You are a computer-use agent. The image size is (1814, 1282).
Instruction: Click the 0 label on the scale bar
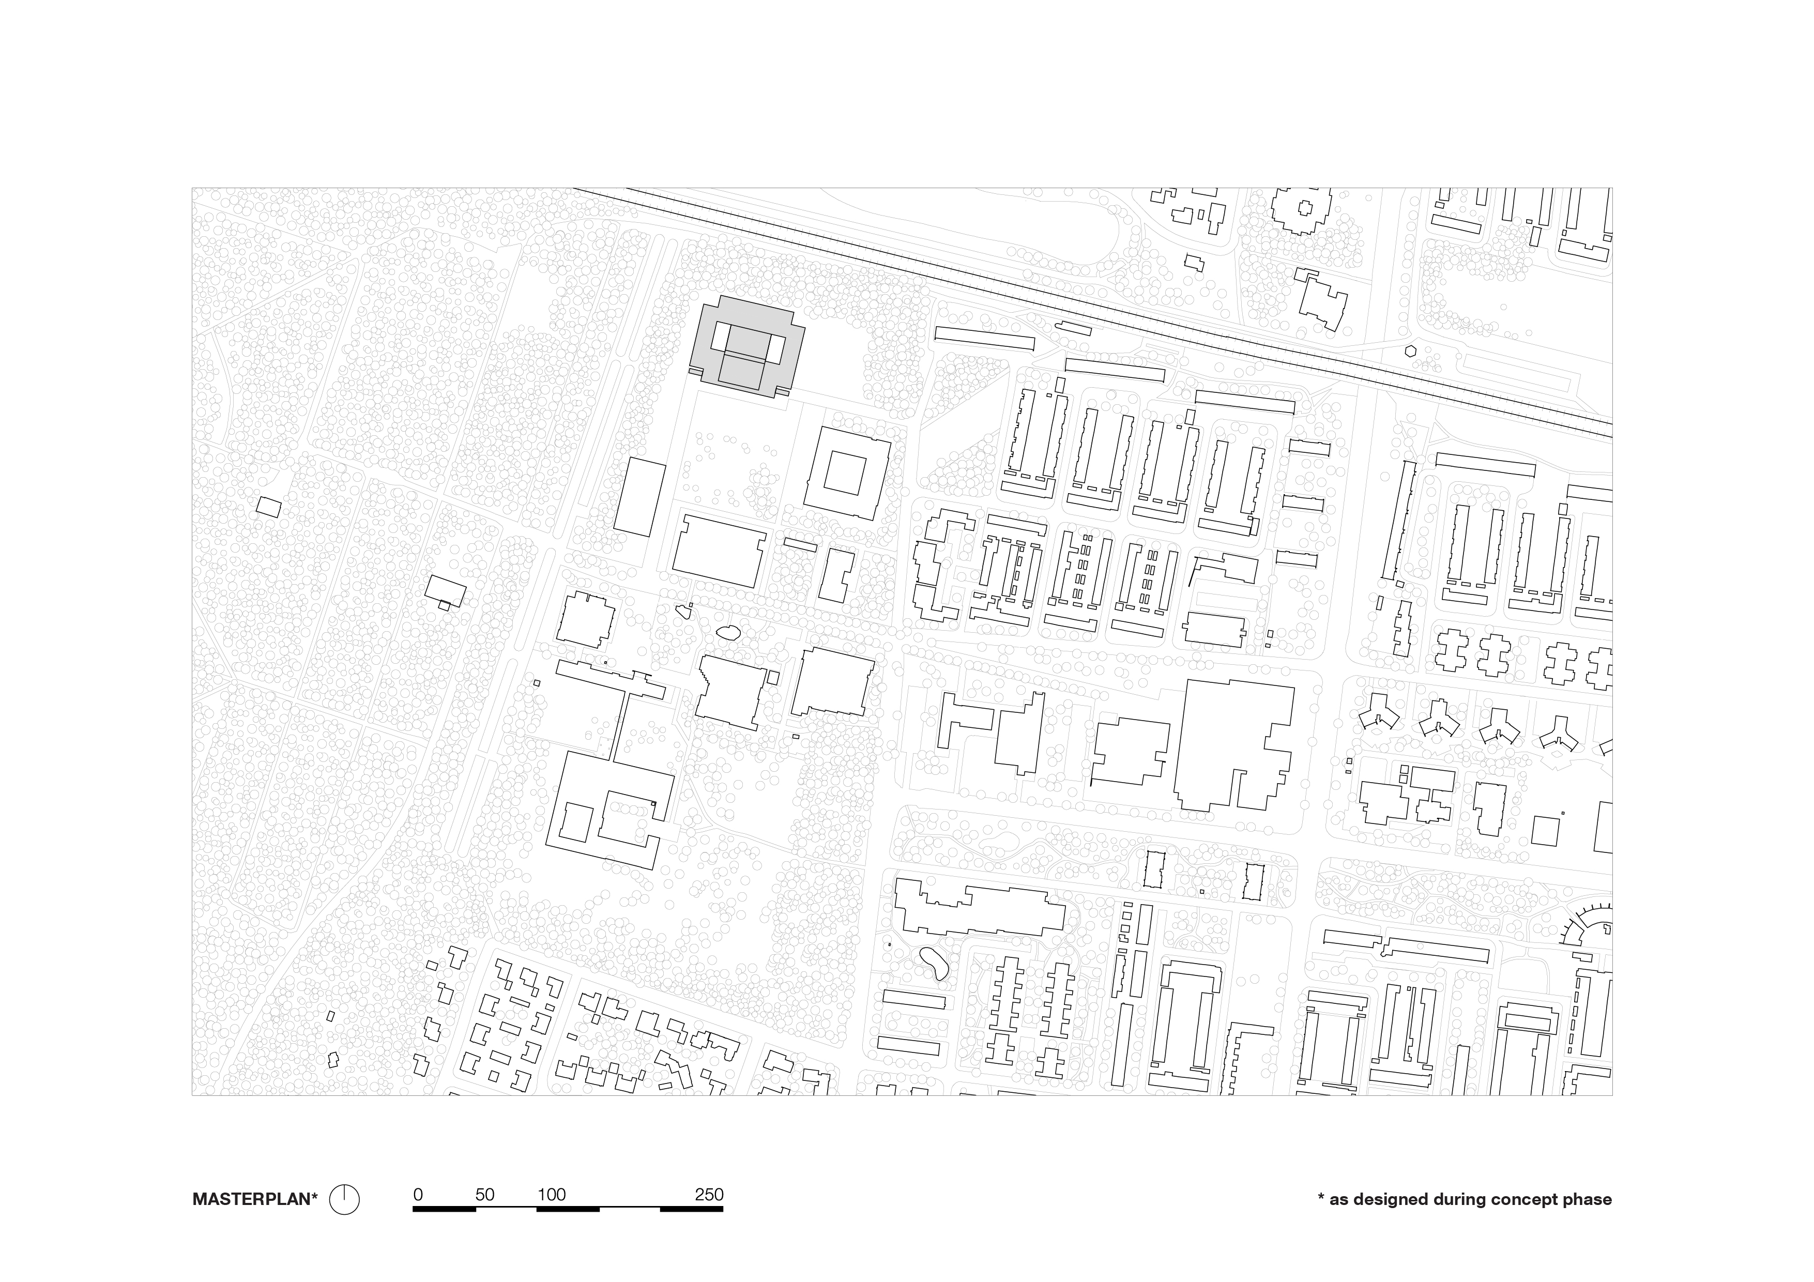[x=418, y=1194]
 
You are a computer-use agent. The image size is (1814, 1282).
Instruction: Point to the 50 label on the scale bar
[x=484, y=1194]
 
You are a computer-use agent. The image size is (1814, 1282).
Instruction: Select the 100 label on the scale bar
[x=552, y=1194]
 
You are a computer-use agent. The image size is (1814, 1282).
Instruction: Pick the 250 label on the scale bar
[x=709, y=1194]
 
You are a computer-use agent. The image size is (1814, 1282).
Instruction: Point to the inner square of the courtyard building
[x=846, y=473]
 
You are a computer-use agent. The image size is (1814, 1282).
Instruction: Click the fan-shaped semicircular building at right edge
[x=1588, y=926]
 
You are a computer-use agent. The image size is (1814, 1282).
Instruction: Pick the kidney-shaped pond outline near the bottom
[x=933, y=963]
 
